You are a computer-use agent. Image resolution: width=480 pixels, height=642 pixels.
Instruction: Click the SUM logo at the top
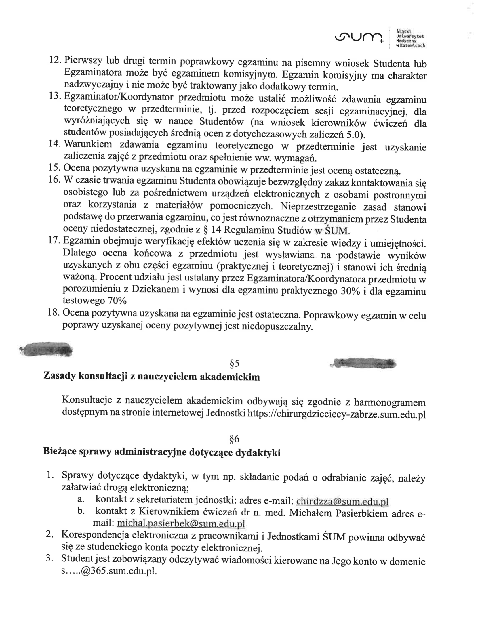[358, 37]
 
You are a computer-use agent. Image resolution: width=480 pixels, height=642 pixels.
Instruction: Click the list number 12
[55, 60]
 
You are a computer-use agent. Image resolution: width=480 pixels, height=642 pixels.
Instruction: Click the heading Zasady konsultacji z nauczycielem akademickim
[151, 376]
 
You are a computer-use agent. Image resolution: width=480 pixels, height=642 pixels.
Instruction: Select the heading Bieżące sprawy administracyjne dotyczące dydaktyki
[161, 452]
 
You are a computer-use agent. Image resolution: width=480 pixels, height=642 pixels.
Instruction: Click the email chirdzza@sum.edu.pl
[342, 501]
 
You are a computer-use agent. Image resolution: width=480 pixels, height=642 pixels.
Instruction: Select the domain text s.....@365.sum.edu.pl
[109, 572]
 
